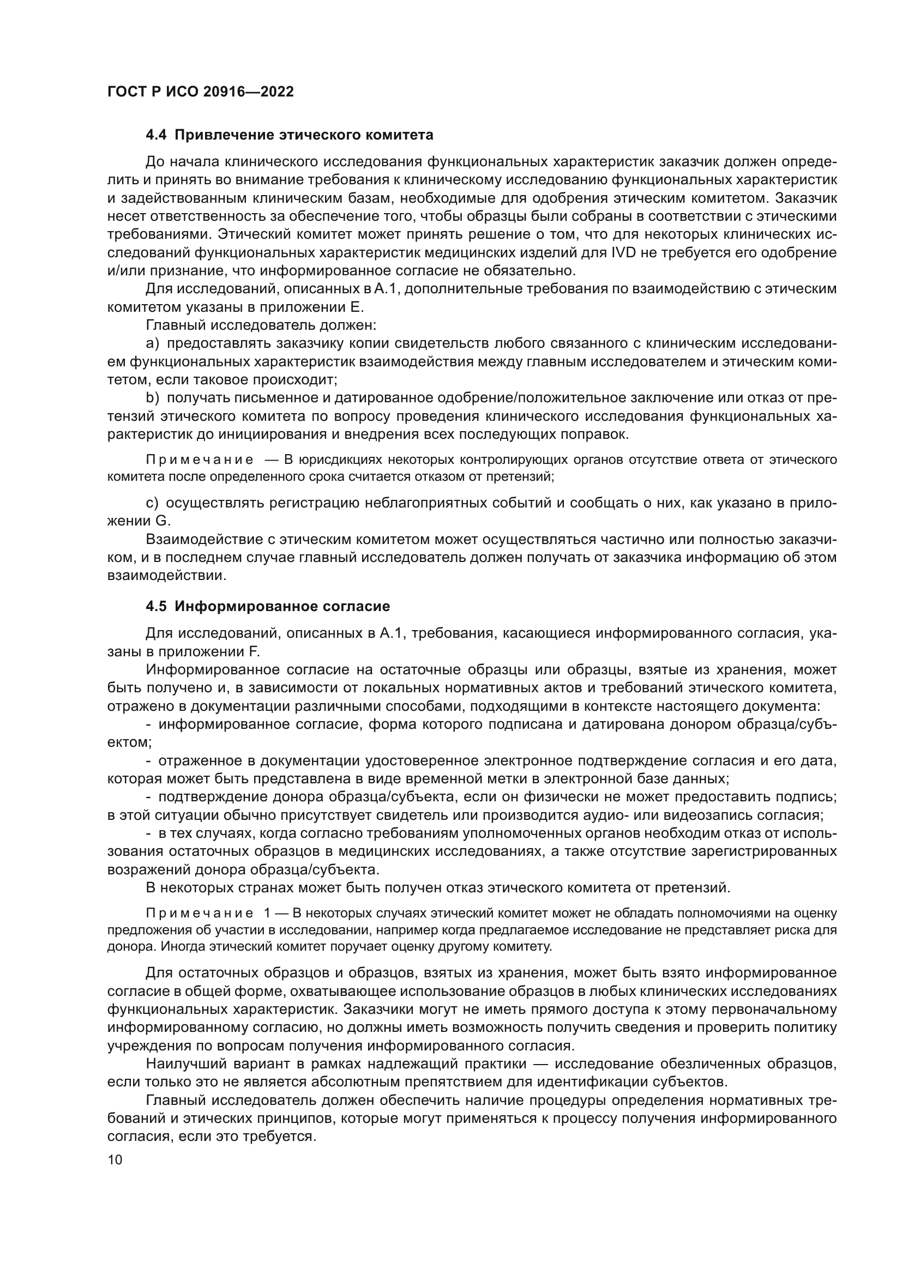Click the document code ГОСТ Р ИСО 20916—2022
[x=200, y=92]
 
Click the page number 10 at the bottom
[x=115, y=1160]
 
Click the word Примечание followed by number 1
[x=200, y=913]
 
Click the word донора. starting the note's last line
[x=131, y=946]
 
